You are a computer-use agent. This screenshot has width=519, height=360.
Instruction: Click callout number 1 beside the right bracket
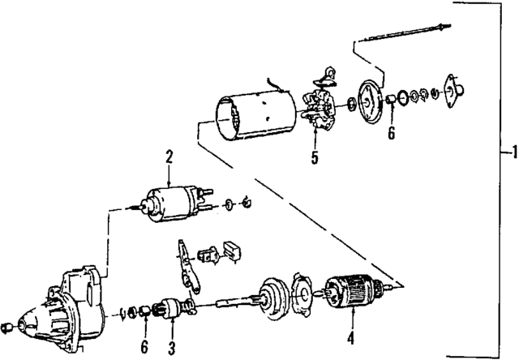(x=508, y=152)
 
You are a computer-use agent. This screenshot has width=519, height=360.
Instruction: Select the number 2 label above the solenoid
(x=169, y=155)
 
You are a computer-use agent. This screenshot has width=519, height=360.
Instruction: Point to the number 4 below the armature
(x=350, y=336)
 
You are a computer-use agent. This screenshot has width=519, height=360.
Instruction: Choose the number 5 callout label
(x=314, y=158)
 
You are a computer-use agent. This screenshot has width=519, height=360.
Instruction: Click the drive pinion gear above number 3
(x=172, y=308)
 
